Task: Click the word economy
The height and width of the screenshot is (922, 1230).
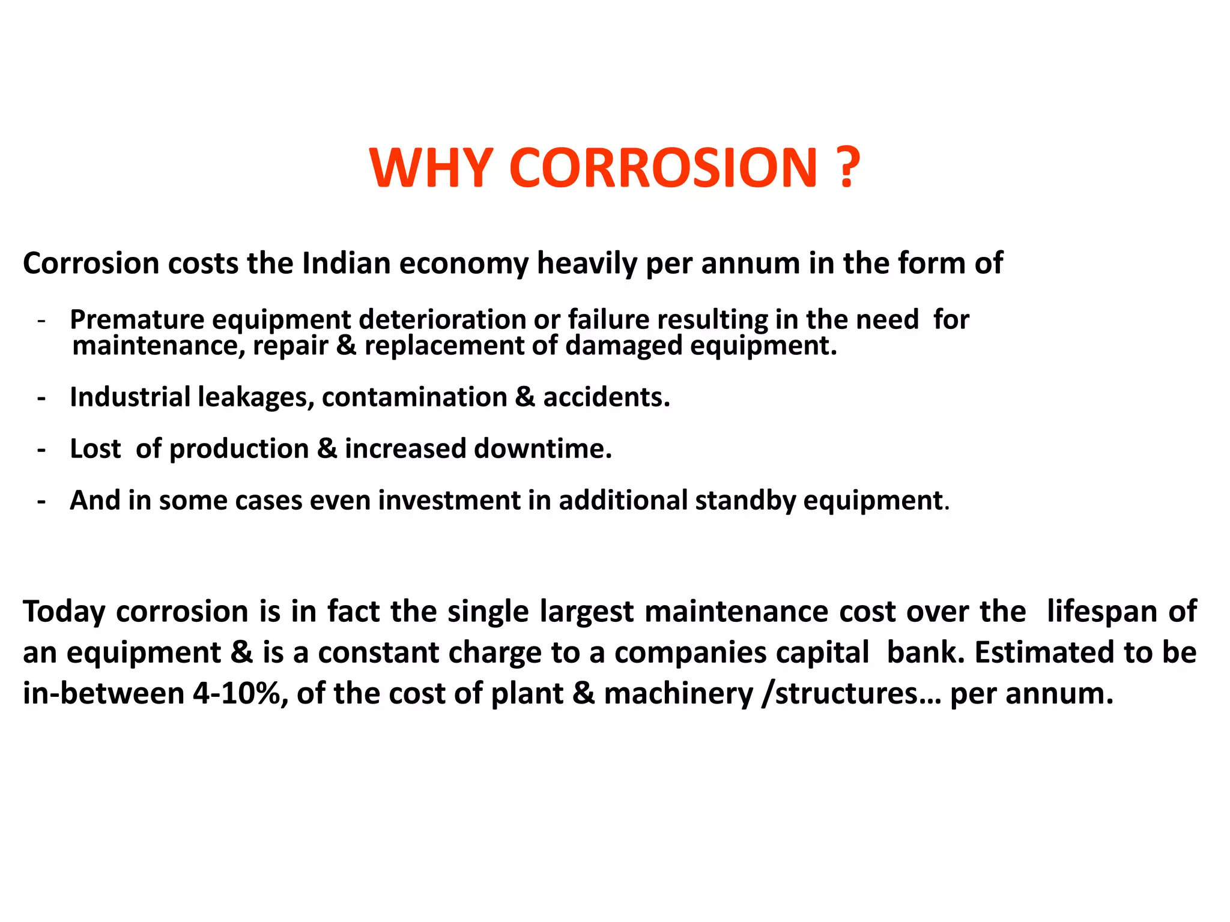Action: pos(464,264)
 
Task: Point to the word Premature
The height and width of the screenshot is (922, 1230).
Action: pos(136,319)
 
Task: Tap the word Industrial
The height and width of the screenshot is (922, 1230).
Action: pos(130,397)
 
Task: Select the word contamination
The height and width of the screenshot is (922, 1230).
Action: pos(414,397)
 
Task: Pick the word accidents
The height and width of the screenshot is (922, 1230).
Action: pos(607,397)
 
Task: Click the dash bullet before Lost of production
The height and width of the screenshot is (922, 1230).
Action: pos(41,450)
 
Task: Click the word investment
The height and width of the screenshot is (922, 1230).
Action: pos(449,501)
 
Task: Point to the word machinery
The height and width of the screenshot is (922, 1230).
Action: pos(678,695)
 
